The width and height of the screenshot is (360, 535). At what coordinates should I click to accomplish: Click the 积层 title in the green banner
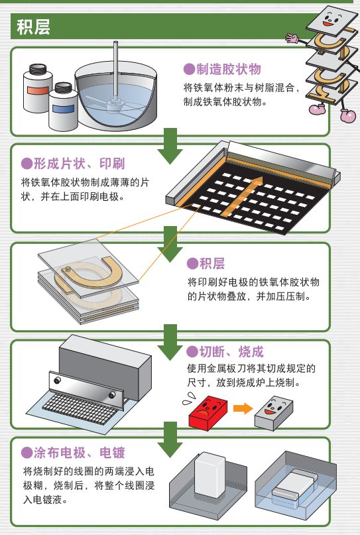(33, 27)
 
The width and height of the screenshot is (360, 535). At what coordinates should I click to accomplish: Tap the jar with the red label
(37, 88)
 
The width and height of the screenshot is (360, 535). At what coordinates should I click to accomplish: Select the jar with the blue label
(63, 106)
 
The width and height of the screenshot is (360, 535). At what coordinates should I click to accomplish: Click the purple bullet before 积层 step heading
(192, 264)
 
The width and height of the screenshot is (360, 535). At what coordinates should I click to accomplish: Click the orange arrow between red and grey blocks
(243, 408)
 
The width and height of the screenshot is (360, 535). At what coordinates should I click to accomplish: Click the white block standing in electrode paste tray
(210, 475)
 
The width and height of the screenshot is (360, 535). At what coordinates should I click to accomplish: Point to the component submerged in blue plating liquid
(294, 485)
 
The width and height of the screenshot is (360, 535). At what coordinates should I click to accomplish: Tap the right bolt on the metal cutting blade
(112, 395)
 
